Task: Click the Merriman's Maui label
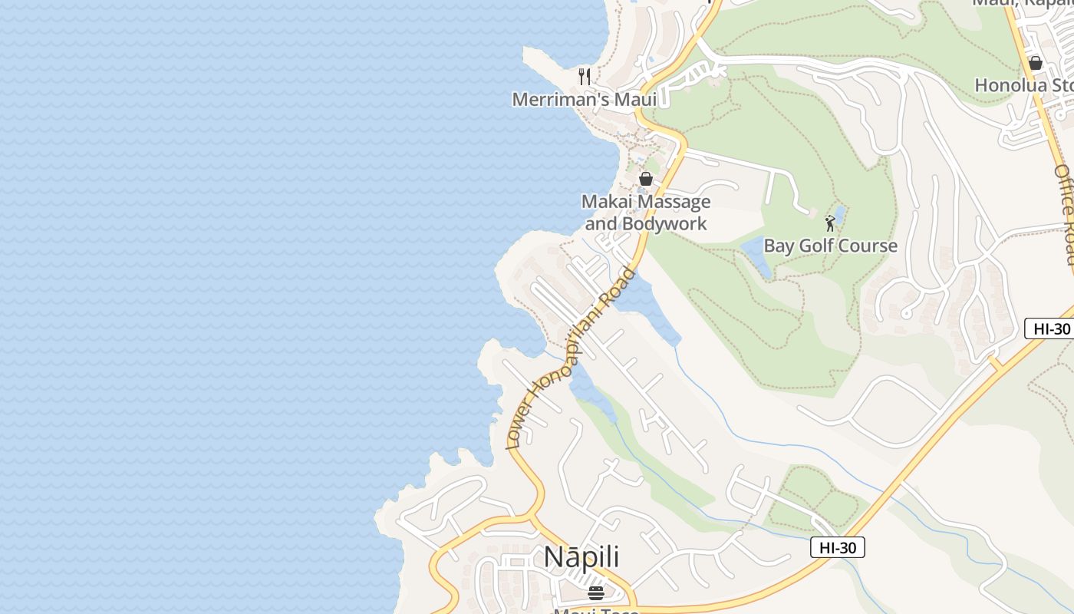584,100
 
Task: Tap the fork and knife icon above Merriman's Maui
585,76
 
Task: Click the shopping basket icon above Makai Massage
646,179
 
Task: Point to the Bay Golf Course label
830,246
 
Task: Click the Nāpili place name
581,557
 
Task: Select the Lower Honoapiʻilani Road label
571,357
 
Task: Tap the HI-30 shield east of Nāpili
838,547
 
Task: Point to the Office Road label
1065,215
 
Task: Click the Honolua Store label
1023,85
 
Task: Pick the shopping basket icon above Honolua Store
1035,63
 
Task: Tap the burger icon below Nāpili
595,593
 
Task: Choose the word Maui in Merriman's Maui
634,100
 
